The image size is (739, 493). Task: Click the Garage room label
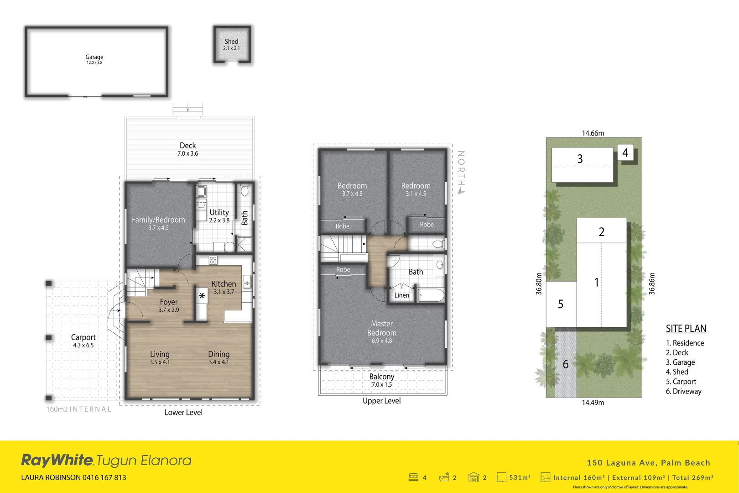[x=94, y=59]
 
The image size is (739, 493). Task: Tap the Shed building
[x=232, y=44]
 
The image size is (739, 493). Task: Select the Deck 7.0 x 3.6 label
[x=188, y=149]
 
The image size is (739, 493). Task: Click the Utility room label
[x=219, y=215]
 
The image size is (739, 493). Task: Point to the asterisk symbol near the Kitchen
[x=202, y=296]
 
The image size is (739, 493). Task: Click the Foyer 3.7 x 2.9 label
[x=169, y=305]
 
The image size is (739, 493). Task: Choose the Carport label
[x=83, y=341]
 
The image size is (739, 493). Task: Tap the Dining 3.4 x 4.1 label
[x=219, y=357]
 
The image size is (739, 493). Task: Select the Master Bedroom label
[x=382, y=332]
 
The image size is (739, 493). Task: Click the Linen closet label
[x=402, y=295]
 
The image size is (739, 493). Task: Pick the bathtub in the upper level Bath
[x=431, y=295]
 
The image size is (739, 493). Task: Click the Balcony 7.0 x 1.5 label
[x=382, y=380]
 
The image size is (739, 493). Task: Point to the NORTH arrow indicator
[x=461, y=173]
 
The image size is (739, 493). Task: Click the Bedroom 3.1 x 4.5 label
[x=416, y=189]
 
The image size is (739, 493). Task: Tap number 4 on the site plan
[x=625, y=153]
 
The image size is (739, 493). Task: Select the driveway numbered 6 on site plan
[x=566, y=364]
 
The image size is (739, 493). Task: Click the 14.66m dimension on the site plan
[x=593, y=133]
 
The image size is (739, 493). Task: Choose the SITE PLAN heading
[x=686, y=328]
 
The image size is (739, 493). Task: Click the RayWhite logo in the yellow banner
[x=57, y=460]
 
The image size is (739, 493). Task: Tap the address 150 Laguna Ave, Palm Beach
[x=648, y=462]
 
